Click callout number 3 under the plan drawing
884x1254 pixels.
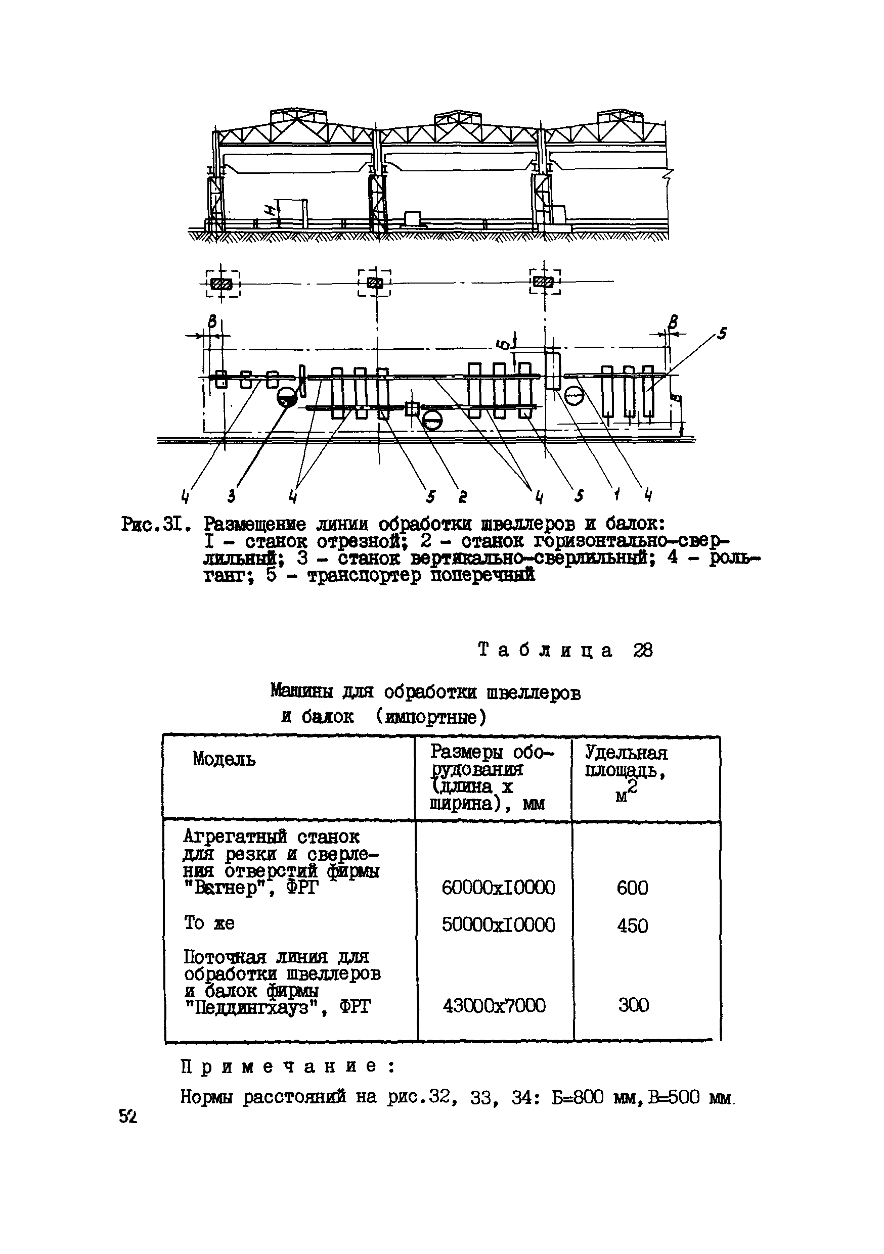232,496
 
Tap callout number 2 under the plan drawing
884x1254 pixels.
463,496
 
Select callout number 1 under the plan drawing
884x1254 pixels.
616,495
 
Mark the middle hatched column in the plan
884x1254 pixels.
375,283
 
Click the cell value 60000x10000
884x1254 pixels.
498,888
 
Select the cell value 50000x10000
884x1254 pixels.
498,924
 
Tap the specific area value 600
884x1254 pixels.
632,888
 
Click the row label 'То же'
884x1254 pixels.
209,923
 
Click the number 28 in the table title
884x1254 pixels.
643,650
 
